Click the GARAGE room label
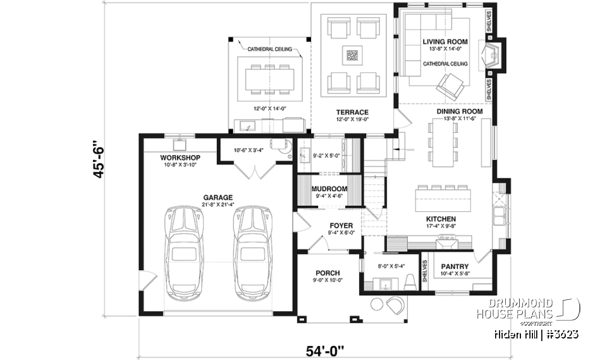click(218, 197)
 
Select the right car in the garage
click(250, 252)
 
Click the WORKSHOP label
click(180, 158)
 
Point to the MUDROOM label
click(329, 189)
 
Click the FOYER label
click(340, 225)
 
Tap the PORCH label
click(327, 273)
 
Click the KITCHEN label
click(441, 219)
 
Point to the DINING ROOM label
click(460, 111)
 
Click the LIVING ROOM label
click(445, 42)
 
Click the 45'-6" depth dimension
click(98, 158)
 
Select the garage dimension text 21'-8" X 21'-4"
click(218, 204)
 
